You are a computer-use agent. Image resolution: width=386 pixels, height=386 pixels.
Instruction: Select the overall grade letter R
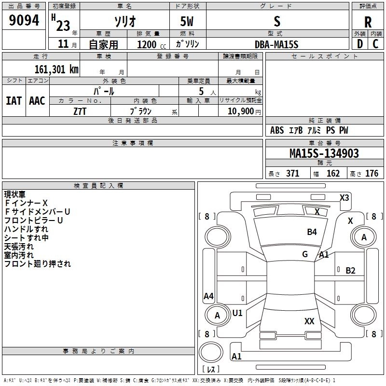[368, 22]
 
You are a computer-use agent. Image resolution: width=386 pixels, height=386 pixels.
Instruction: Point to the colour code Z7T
[80, 111]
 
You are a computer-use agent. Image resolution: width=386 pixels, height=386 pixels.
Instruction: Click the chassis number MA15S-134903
[324, 153]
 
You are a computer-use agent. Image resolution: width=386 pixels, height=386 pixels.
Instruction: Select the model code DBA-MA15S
[276, 44]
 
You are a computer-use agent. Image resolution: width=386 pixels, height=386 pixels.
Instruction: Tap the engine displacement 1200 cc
[148, 44]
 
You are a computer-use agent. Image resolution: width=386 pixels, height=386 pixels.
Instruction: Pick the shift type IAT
[14, 101]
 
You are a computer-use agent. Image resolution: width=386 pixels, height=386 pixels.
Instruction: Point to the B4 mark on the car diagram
[312, 232]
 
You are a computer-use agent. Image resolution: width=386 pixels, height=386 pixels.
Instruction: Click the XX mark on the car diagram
[310, 321]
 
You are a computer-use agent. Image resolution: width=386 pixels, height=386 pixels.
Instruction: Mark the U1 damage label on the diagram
[237, 313]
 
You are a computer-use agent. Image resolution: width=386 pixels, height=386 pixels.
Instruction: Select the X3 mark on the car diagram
[345, 197]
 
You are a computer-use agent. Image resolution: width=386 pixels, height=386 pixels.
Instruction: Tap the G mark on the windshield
[305, 254]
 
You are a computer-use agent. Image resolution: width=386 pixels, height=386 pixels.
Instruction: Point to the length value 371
[292, 174]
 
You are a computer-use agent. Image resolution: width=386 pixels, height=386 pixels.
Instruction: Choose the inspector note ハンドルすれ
[26, 229]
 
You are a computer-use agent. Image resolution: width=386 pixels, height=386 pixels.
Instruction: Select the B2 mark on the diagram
[350, 271]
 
